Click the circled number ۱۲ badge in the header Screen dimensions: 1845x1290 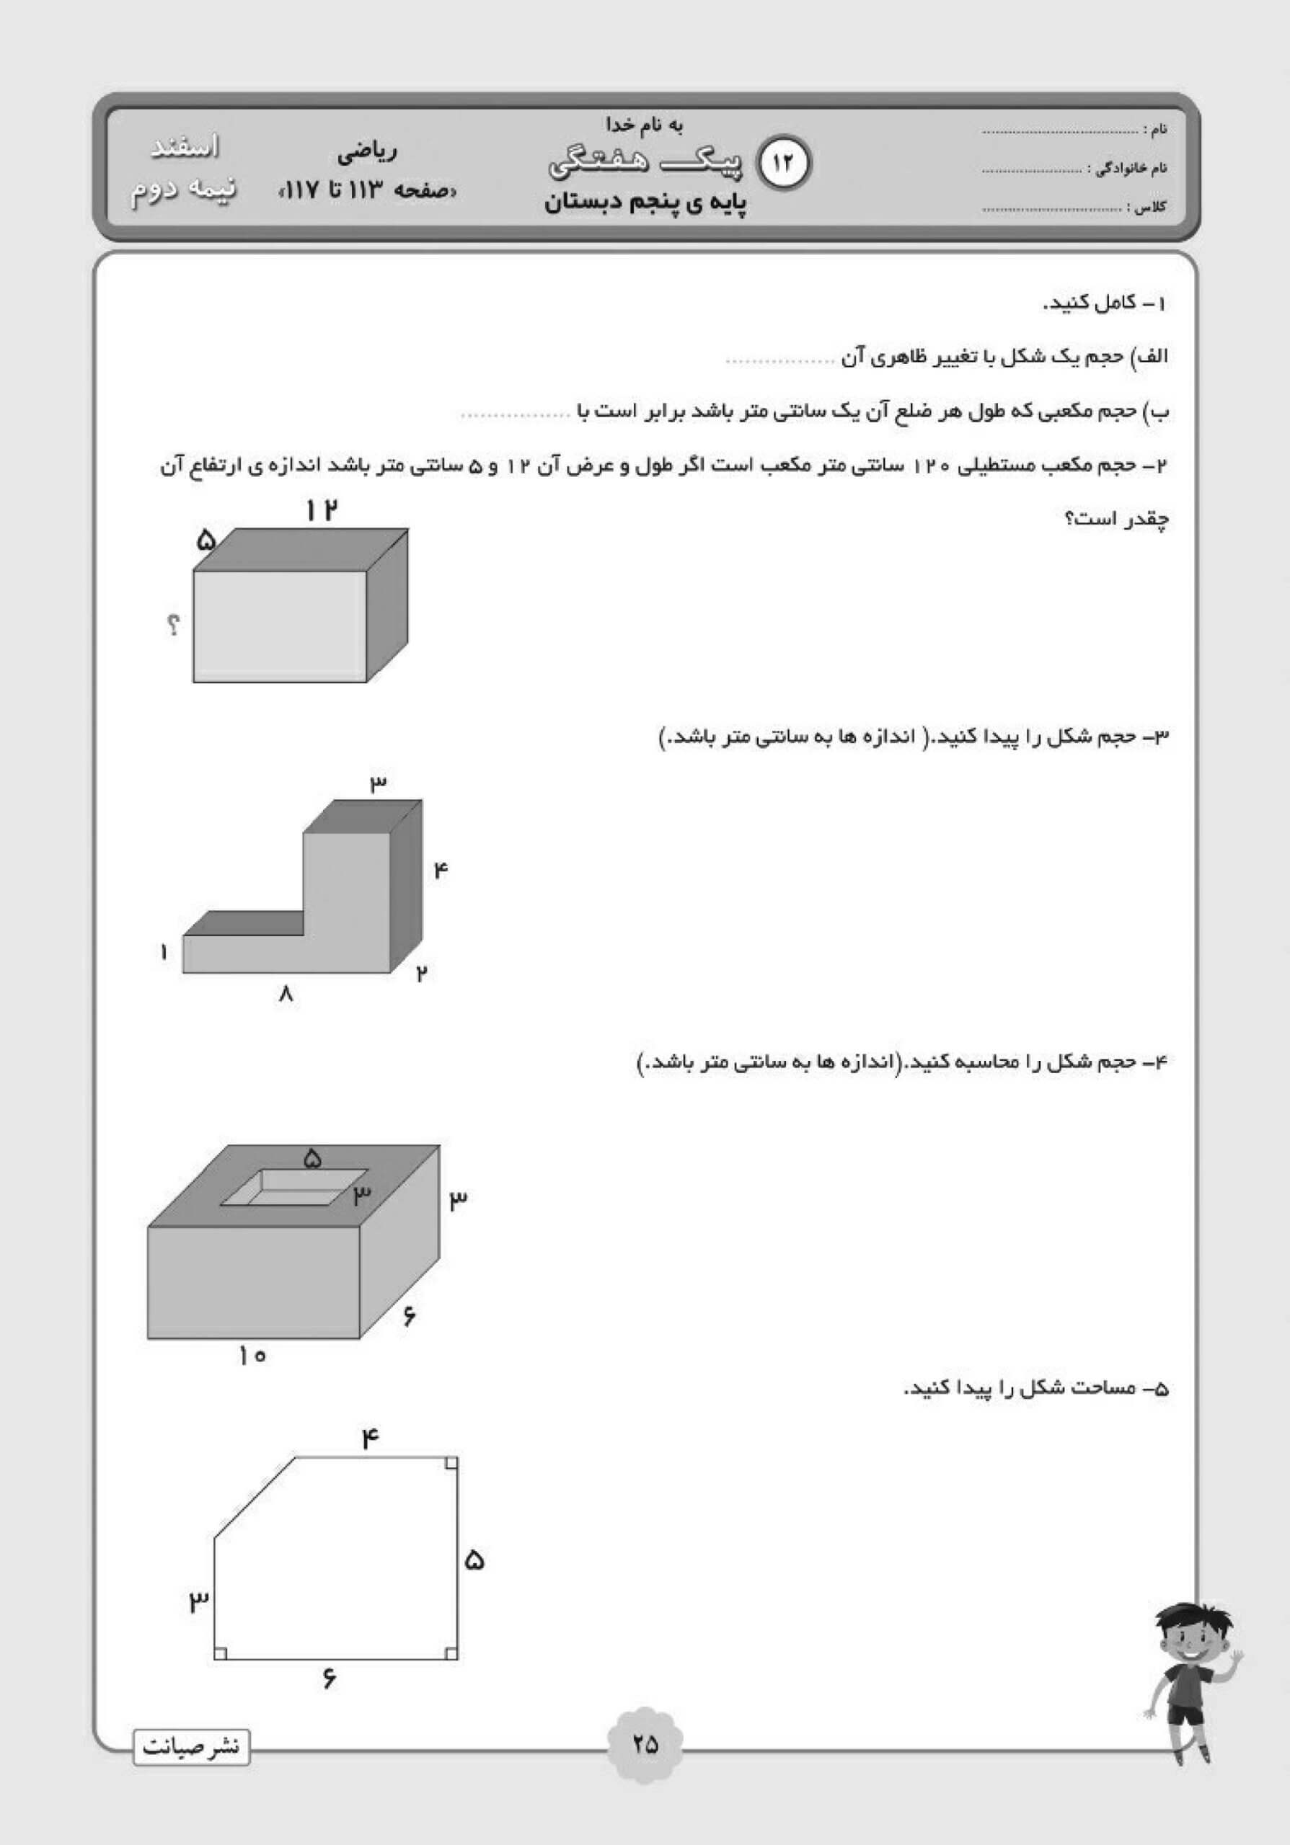click(x=785, y=162)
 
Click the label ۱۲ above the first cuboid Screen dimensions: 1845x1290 click(x=320, y=510)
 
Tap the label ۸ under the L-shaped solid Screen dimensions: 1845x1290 click(x=286, y=995)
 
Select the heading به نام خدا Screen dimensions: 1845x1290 click(x=644, y=125)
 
